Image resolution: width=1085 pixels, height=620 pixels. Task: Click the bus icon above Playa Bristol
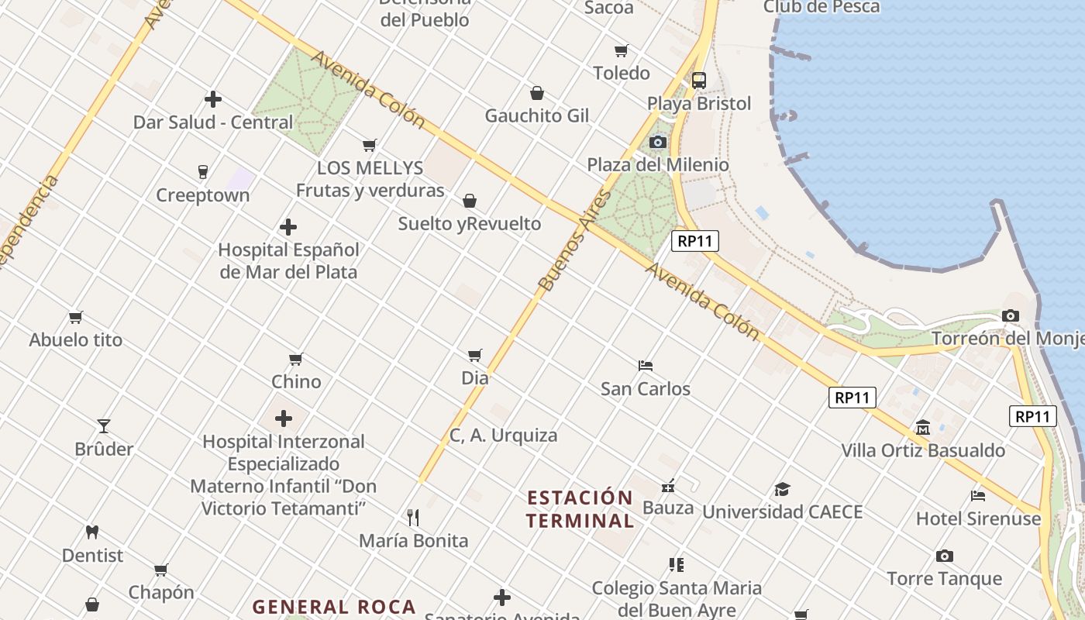[699, 80]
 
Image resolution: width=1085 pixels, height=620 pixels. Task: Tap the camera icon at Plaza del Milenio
[658, 142]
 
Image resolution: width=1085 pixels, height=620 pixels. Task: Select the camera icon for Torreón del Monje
[1010, 315]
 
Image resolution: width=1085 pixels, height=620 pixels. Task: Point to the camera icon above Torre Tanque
[944, 556]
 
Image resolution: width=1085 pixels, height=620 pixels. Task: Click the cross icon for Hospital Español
[288, 227]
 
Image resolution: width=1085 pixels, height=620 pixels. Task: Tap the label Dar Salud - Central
[213, 122]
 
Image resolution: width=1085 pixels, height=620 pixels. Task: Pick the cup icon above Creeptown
[203, 171]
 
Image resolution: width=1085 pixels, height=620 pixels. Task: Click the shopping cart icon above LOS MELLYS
[370, 145]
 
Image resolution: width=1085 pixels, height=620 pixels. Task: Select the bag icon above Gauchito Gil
[536, 93]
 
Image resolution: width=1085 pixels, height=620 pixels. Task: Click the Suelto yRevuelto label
[470, 224]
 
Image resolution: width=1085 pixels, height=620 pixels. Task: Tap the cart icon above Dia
[475, 355]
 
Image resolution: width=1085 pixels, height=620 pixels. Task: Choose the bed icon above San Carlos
[646, 365]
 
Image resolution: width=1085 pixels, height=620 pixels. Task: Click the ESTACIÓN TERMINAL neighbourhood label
[580, 508]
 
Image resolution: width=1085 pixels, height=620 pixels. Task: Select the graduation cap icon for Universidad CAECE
[782, 489]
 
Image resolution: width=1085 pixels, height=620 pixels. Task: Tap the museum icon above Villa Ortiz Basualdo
[923, 427]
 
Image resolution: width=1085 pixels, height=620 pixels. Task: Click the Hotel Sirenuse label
[978, 518]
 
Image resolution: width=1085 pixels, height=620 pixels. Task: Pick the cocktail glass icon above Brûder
[104, 425]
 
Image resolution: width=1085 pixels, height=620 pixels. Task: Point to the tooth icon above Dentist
[92, 532]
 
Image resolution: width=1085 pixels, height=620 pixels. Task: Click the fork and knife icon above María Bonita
[413, 517]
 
